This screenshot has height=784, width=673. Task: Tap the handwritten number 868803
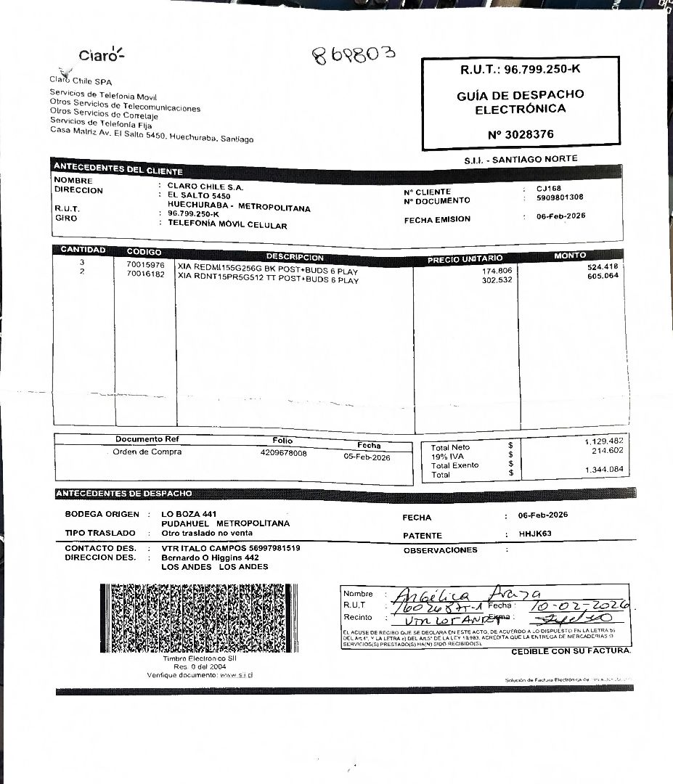(x=354, y=55)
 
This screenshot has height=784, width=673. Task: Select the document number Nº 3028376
(x=521, y=134)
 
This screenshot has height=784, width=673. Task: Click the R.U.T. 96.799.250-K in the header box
(x=521, y=70)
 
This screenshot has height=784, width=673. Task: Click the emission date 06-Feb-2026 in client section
(x=560, y=216)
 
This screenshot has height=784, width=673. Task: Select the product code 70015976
(x=145, y=265)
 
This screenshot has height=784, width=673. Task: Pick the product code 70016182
(x=145, y=274)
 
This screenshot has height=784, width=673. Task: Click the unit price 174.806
(x=497, y=270)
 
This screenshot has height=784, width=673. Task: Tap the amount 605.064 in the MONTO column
(x=603, y=276)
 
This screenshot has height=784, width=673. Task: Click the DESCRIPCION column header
(x=295, y=257)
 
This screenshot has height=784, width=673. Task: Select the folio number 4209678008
(x=283, y=453)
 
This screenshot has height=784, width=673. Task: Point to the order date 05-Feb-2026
(x=367, y=457)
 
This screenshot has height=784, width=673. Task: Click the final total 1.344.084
(x=603, y=470)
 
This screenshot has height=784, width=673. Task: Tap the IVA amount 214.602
(x=608, y=451)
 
